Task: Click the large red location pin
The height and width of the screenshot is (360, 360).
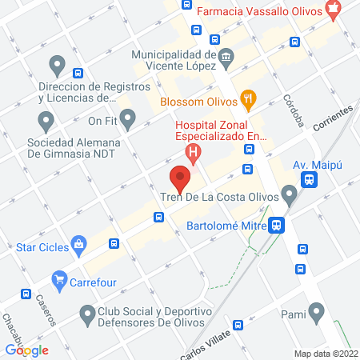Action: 180,178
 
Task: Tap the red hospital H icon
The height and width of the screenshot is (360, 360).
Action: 191,150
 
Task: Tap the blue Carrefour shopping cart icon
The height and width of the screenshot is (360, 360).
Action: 58,280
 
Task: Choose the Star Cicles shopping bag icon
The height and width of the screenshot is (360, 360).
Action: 78,245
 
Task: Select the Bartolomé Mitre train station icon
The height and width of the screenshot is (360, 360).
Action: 276,226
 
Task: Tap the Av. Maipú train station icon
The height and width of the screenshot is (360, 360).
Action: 309,181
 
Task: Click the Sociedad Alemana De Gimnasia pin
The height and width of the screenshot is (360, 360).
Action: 46,121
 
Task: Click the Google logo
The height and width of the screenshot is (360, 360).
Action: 27,350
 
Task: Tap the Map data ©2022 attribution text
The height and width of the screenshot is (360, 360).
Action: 324,354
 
